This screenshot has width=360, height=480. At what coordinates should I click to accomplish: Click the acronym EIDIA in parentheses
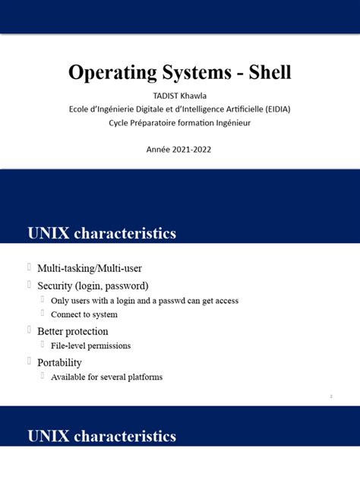click(x=273, y=109)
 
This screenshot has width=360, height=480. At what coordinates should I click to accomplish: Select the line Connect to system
click(x=84, y=314)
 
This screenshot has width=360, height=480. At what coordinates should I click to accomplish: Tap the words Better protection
click(x=73, y=331)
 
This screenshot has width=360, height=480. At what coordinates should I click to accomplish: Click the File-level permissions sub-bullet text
click(x=90, y=346)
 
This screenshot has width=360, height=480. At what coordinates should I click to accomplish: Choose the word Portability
click(x=59, y=362)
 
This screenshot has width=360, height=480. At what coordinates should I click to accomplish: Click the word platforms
click(x=143, y=377)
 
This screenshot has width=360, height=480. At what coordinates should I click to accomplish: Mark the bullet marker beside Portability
click(x=29, y=362)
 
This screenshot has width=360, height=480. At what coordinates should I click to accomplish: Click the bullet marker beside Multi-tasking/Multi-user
click(x=29, y=268)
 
